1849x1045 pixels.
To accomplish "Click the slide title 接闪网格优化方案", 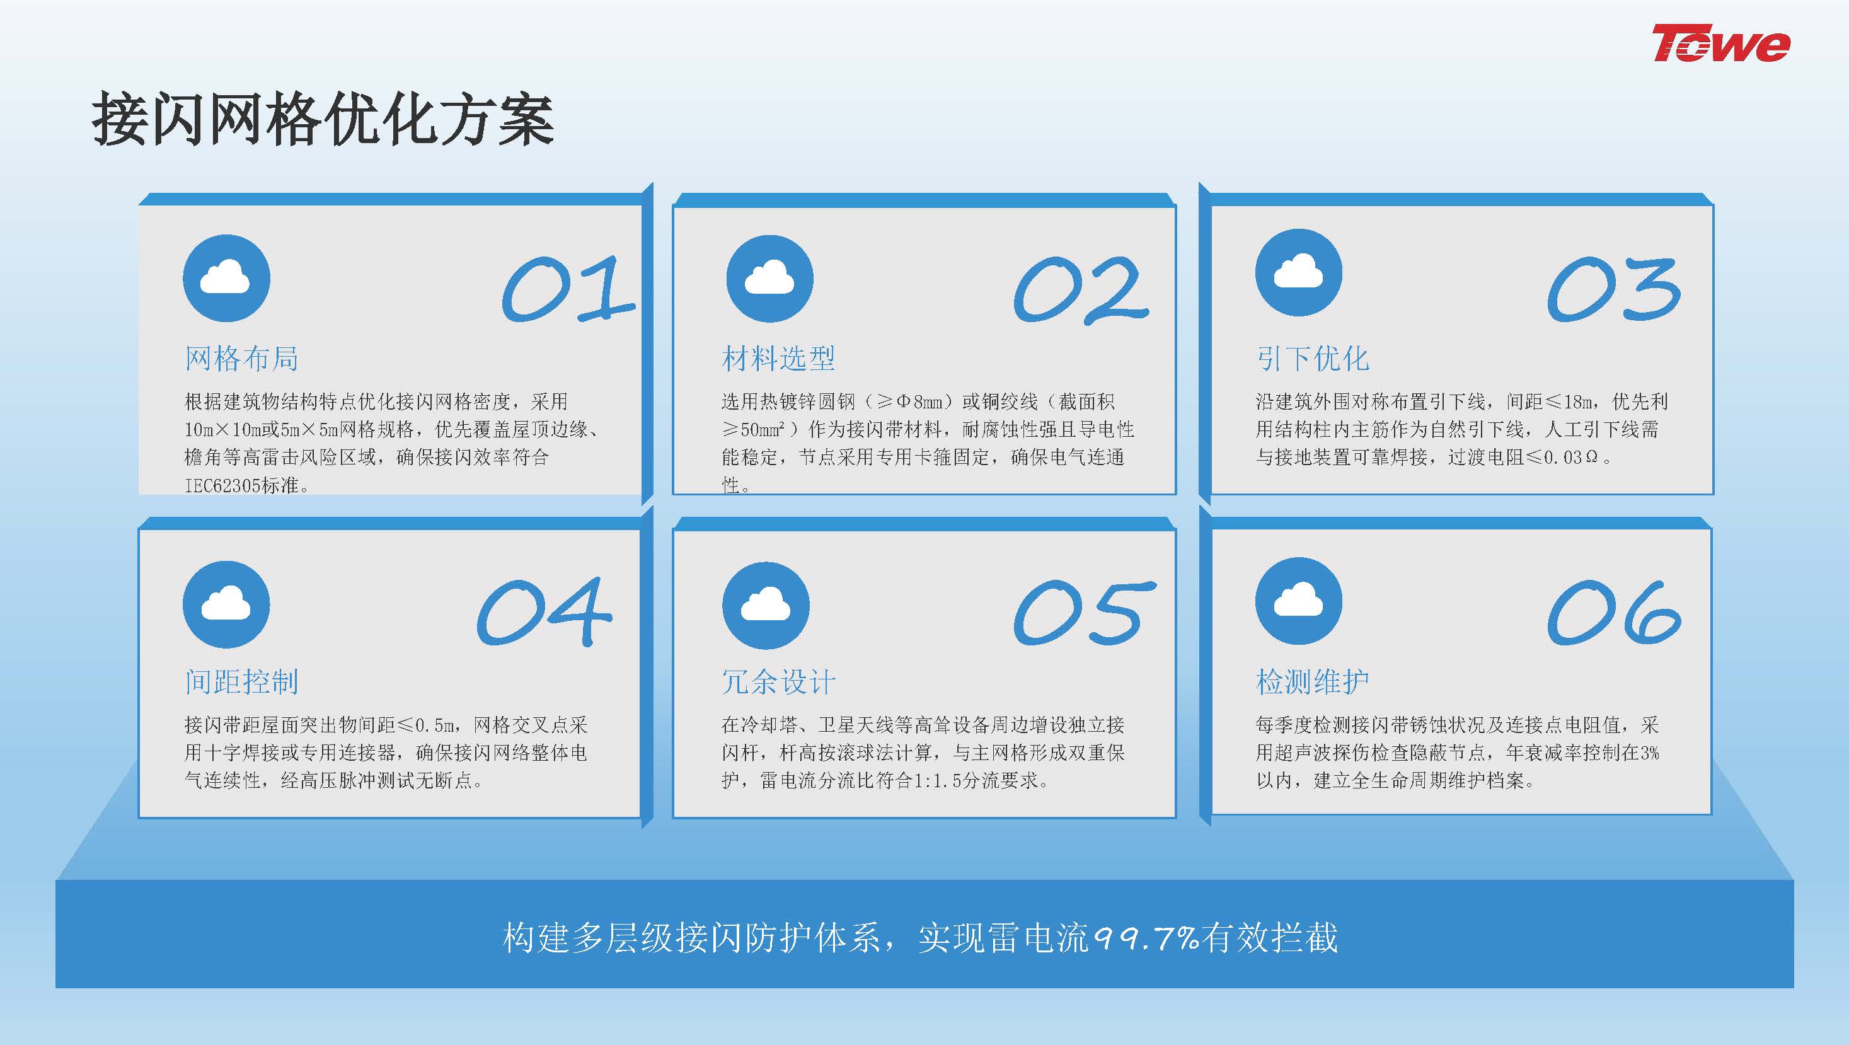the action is point(323,120).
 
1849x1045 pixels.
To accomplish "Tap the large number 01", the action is point(568,289).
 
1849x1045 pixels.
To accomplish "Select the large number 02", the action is point(1081,289).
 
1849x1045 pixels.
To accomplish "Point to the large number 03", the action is point(1613,289).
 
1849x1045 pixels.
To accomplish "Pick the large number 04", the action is point(544,612).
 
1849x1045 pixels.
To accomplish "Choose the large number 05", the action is point(1084,612).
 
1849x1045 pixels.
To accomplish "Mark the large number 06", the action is point(1613,612).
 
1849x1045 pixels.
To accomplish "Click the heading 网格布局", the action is point(241,358).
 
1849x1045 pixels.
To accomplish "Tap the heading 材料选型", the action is point(778,358).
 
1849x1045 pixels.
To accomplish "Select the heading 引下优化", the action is point(1312,358).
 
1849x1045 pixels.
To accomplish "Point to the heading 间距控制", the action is point(241,681).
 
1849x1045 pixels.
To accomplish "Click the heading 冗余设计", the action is point(778,681).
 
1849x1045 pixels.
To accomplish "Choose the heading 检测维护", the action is point(1312,681).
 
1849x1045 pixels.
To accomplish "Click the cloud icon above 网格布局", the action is point(227,278).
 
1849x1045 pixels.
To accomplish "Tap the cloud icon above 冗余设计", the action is point(766,606).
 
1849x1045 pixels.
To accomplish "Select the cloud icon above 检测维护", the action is point(1298,600).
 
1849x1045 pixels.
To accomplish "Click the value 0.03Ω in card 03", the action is point(1571,457).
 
